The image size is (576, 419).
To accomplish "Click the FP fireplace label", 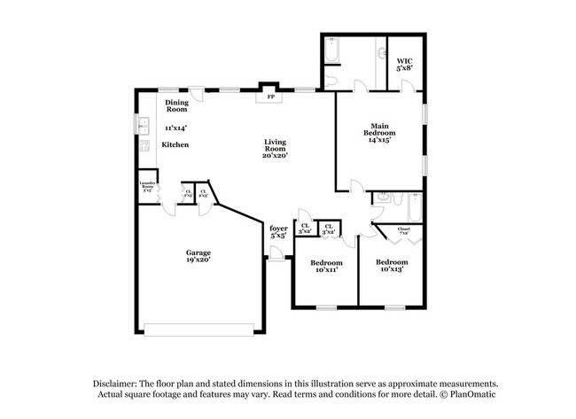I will pos(269,97).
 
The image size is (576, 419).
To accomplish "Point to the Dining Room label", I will pos(177,106).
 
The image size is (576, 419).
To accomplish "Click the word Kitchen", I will pos(174,144).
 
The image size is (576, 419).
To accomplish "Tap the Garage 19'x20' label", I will pos(197,256).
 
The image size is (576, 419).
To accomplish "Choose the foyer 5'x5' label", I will pos(278,233).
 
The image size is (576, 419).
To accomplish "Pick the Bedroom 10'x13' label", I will pos(391,267).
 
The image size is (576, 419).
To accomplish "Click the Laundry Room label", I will pos(148,188).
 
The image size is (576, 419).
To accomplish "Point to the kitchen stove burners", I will pos(143,147).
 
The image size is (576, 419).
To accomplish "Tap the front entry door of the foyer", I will pos(278,256).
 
